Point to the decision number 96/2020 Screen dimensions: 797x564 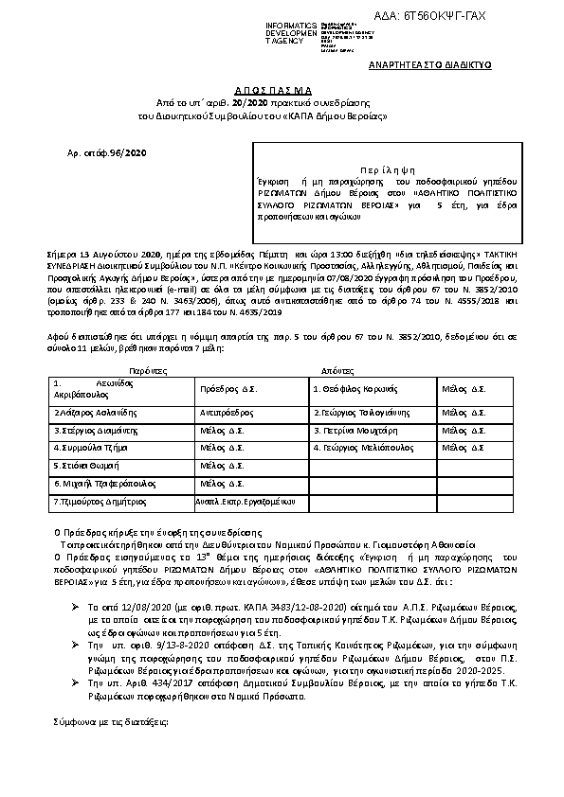pos(130,151)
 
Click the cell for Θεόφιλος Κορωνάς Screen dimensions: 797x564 pos(354,389)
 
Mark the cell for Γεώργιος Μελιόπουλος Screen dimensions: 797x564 pos(360,447)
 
